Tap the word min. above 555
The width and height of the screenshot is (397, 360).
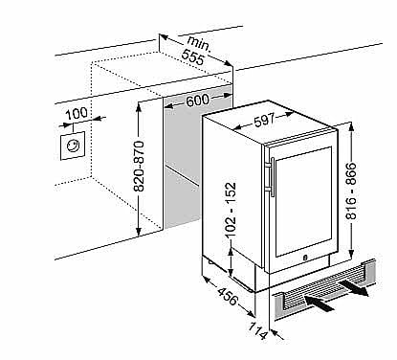(x=199, y=44)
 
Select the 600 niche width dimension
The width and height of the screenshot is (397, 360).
(x=198, y=101)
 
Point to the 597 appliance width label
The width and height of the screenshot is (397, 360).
(x=264, y=120)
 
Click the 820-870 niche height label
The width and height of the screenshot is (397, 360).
(x=139, y=166)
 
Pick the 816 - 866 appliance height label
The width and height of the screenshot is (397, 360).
(x=351, y=191)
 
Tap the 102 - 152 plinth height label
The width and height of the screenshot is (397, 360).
(x=231, y=210)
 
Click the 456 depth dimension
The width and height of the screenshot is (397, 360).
(x=228, y=296)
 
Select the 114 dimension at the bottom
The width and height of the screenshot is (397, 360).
(x=257, y=330)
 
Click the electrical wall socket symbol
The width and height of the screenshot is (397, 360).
(x=73, y=146)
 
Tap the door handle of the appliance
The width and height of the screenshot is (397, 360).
(x=273, y=176)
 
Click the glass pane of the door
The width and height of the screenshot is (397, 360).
(x=303, y=202)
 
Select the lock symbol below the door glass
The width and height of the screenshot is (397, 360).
(x=304, y=257)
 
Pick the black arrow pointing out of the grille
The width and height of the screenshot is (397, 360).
(x=353, y=288)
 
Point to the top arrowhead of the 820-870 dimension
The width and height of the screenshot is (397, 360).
(x=138, y=106)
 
